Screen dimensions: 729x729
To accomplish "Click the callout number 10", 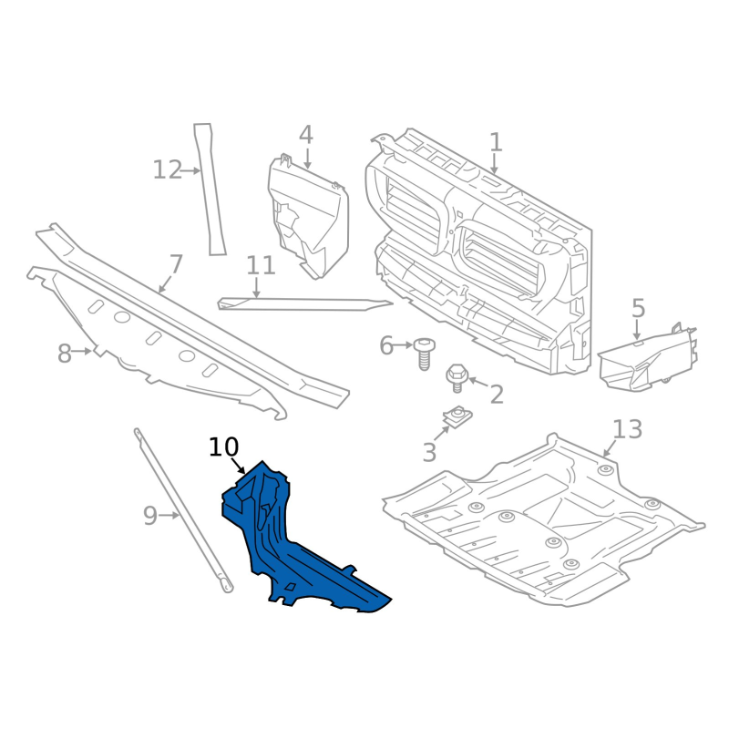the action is [x=223, y=447].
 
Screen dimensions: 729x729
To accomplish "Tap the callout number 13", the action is [x=628, y=429].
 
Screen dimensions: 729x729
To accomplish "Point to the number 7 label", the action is [x=176, y=265].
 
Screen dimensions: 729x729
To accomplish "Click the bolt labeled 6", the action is [x=424, y=354].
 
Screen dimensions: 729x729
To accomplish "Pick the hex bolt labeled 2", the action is [x=457, y=377].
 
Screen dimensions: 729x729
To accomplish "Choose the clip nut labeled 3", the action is [x=457, y=416].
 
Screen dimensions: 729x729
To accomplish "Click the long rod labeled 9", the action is [x=183, y=510].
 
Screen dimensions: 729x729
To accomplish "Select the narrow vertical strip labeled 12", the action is [x=210, y=190].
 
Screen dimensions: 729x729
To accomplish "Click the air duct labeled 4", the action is [x=308, y=216].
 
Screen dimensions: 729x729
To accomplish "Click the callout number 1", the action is [x=496, y=142].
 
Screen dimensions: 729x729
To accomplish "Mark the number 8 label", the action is [x=65, y=354].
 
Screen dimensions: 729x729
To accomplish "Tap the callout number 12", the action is [x=168, y=169].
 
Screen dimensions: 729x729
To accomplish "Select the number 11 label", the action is [x=261, y=266].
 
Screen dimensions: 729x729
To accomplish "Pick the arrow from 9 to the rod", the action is [x=169, y=515].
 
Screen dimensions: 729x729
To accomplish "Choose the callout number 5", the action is [x=639, y=308].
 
